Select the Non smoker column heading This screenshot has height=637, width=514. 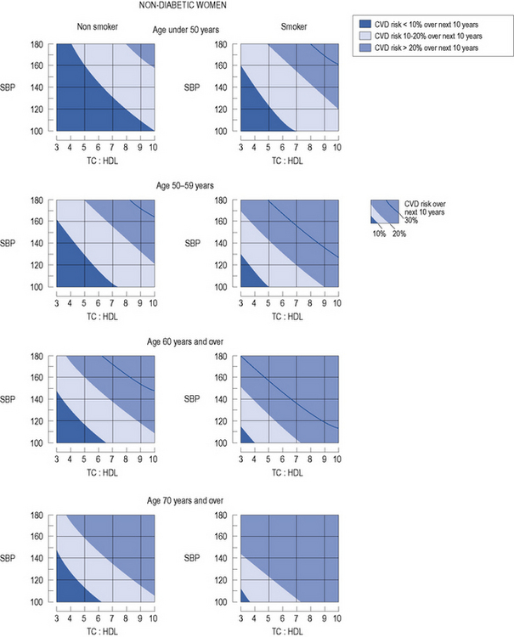95,26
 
